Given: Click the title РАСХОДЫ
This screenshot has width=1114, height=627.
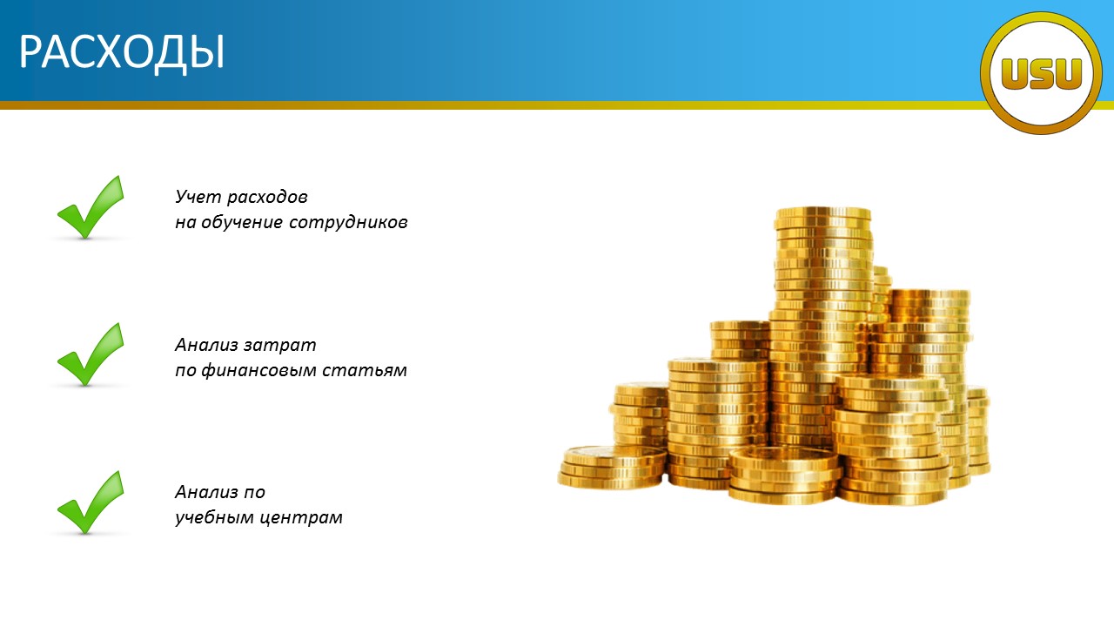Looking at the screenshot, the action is (x=122, y=53).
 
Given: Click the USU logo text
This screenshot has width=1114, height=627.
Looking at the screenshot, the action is (x=1042, y=74).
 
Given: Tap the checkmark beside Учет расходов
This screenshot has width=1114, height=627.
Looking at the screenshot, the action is (x=91, y=207).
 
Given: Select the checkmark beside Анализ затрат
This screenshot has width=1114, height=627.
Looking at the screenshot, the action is (x=91, y=354).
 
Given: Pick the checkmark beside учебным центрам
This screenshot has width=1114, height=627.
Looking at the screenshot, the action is (x=91, y=502).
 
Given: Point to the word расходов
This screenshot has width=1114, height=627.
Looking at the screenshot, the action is (x=267, y=198).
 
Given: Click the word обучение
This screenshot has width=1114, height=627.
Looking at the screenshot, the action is (x=242, y=222).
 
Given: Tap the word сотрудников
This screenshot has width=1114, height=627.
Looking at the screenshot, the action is (x=348, y=223).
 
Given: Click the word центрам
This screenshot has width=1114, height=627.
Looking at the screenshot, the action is (x=301, y=518).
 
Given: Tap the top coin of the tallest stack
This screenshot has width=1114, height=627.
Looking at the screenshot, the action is (x=822, y=213).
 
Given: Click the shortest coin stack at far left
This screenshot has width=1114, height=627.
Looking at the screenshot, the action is (x=613, y=467).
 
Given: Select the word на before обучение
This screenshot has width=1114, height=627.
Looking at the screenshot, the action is (x=185, y=222).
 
